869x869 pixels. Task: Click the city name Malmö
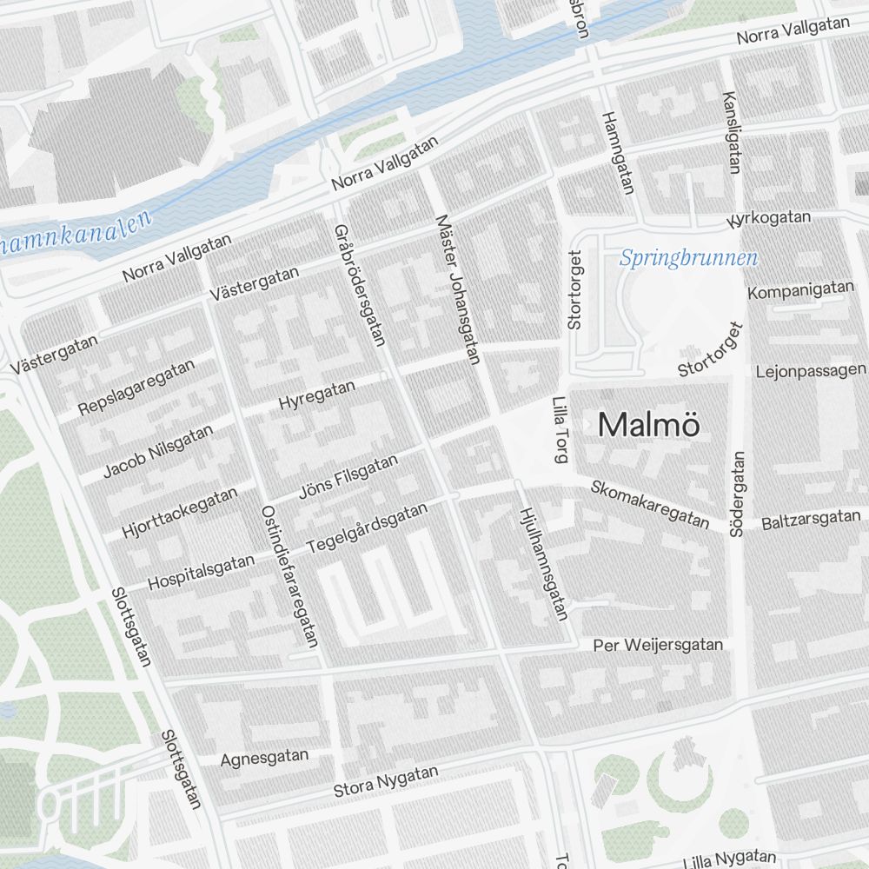(648, 425)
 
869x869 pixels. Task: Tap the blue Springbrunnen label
(688, 258)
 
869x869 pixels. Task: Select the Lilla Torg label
(559, 430)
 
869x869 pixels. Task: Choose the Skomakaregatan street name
(649, 503)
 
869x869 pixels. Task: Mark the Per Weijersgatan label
(657, 645)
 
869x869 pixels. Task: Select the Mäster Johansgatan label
(458, 289)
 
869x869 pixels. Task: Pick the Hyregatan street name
(317, 395)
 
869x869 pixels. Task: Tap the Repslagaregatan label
(136, 388)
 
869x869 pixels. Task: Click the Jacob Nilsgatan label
(157, 449)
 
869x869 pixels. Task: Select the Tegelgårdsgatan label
(368, 529)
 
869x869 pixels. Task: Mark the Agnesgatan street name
(264, 758)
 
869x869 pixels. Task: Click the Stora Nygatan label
(386, 781)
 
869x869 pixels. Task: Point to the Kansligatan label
(730, 132)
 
